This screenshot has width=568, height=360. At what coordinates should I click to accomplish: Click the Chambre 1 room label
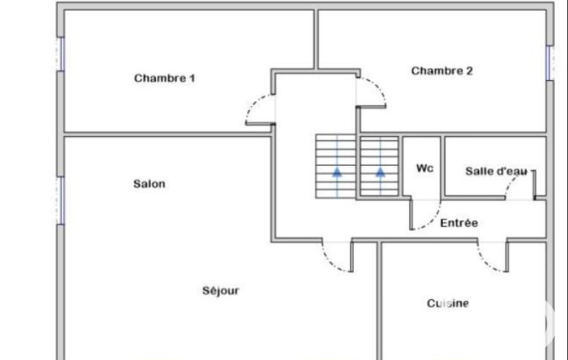(165, 78)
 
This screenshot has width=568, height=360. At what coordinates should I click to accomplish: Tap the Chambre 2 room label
(442, 71)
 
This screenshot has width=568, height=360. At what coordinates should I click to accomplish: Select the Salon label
(149, 184)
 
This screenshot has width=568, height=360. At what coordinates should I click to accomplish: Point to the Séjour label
(221, 290)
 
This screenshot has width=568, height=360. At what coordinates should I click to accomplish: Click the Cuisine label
(448, 303)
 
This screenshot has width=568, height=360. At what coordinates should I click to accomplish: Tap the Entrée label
(459, 223)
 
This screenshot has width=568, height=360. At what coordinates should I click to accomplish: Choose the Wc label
(424, 168)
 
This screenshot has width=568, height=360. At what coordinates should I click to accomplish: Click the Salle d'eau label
(497, 171)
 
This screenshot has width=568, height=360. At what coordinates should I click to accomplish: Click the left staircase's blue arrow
(337, 172)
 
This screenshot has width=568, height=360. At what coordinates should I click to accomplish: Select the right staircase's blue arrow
(380, 172)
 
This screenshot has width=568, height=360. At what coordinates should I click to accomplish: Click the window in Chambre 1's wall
(61, 54)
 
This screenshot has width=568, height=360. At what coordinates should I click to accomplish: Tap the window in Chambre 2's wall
(550, 63)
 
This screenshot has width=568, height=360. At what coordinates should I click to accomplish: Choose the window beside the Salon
(61, 200)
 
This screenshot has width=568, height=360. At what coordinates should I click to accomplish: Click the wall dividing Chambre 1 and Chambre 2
(316, 39)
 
